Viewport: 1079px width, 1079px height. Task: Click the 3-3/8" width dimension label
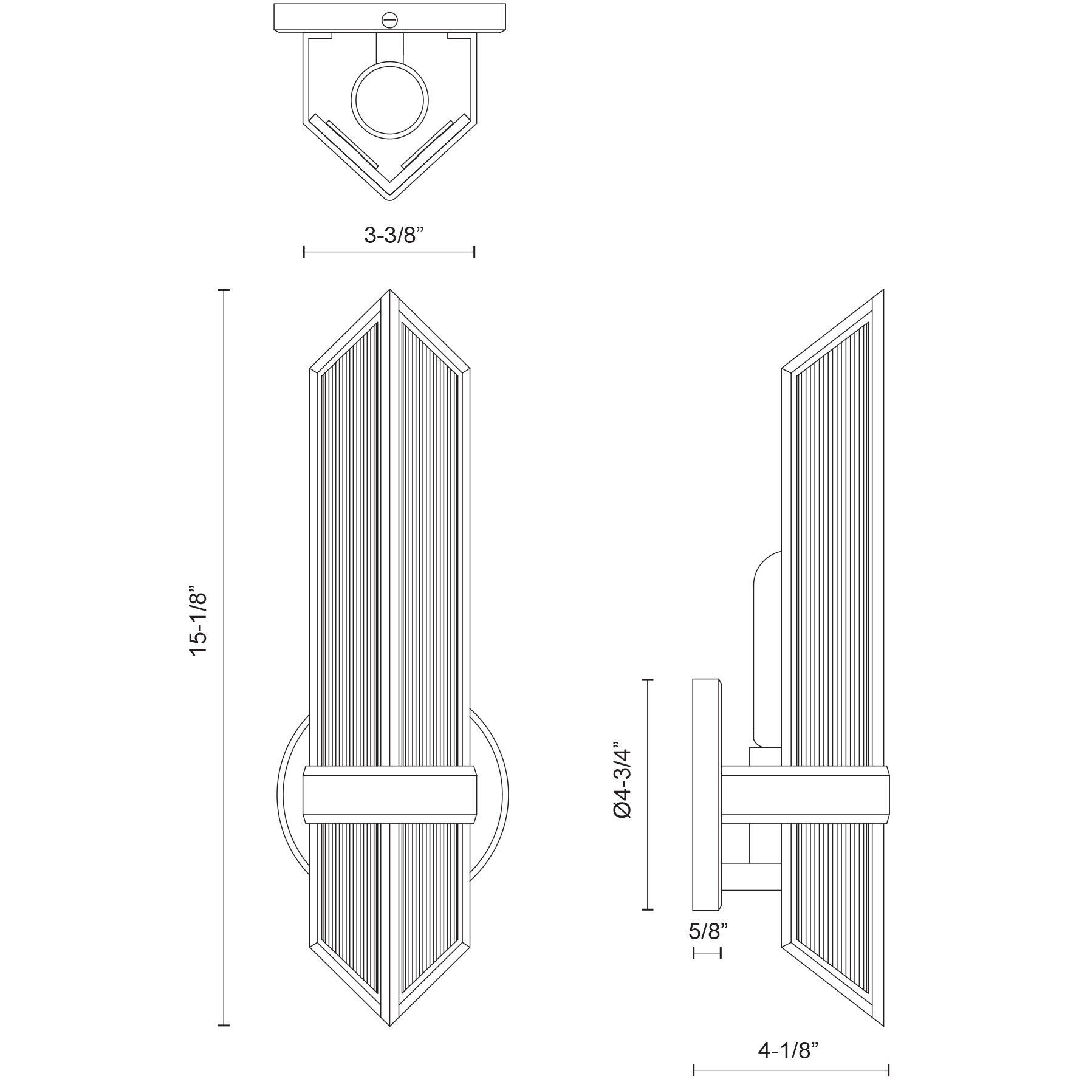[x=389, y=235]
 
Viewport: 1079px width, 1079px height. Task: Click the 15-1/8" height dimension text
[x=200, y=620]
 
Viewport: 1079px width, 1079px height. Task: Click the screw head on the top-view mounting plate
[x=389, y=20]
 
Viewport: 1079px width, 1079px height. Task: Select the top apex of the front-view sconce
[x=389, y=292]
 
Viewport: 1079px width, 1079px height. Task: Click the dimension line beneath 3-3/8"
[x=389, y=252]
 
